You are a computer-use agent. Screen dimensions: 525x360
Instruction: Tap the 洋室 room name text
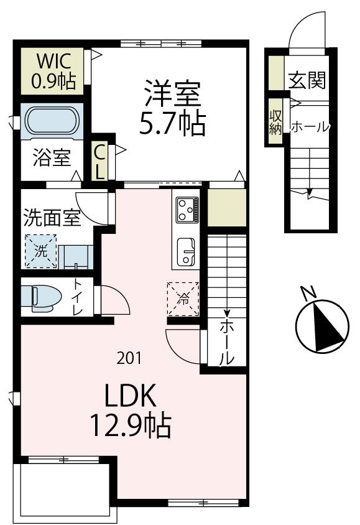click(172, 93)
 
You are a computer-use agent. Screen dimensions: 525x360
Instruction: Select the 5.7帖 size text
click(172, 125)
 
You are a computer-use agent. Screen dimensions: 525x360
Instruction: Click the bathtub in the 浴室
click(52, 121)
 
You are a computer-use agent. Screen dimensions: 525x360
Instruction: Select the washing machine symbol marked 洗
click(40, 251)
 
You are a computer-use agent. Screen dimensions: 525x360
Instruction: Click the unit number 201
click(129, 358)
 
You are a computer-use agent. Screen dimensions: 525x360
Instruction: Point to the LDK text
click(129, 395)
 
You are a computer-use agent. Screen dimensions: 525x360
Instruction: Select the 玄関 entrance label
click(307, 80)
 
